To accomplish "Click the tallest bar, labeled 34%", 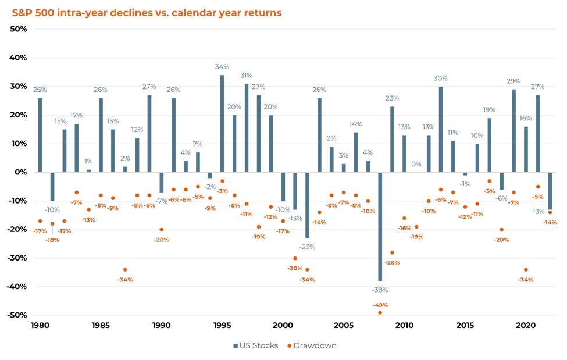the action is pyautogui.click(x=222, y=124).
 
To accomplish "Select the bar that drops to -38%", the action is pyautogui.click(x=380, y=226).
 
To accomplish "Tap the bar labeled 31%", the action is pyautogui.click(x=247, y=128).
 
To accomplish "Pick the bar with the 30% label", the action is pyautogui.click(x=441, y=130).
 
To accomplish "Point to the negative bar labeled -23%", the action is pyautogui.click(x=308, y=205).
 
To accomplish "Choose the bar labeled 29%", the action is pyautogui.click(x=513, y=131).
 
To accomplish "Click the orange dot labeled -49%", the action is pyautogui.click(x=380, y=313).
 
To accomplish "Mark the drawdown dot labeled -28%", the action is pyautogui.click(x=393, y=252).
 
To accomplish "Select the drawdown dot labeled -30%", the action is pyautogui.click(x=295, y=258).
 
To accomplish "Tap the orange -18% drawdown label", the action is pyautogui.click(x=52, y=240).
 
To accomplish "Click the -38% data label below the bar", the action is pyautogui.click(x=380, y=290).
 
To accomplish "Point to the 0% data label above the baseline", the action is pyautogui.click(x=416, y=164).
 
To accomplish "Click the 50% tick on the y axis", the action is pyautogui.click(x=19, y=29).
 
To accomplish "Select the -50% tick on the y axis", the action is pyautogui.click(x=17, y=315).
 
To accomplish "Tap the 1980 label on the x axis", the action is pyautogui.click(x=40, y=325).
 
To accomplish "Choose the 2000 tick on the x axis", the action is pyautogui.click(x=283, y=325).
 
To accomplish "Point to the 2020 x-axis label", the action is pyautogui.click(x=526, y=325).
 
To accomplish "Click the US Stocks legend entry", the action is pyautogui.click(x=256, y=345).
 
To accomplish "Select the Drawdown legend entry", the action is pyautogui.click(x=312, y=345).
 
